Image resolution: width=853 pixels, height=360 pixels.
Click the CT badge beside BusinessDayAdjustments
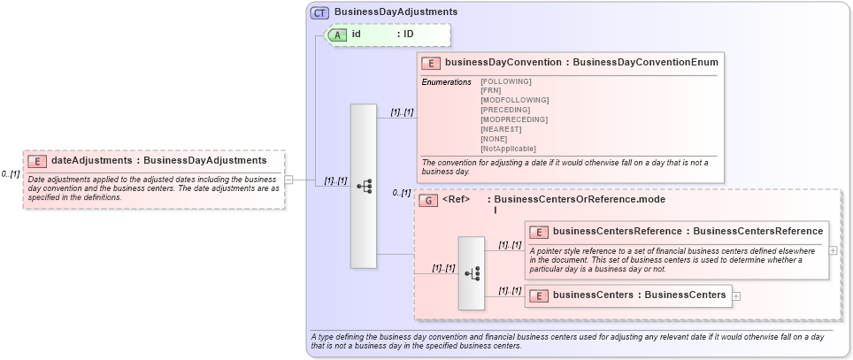tap(320, 12)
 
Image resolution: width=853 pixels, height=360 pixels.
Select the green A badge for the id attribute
tap(338, 34)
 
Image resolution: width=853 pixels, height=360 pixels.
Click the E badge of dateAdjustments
tap(37, 161)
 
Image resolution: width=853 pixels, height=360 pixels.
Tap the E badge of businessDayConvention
tap(431, 63)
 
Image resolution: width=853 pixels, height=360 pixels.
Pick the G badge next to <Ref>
tap(428, 201)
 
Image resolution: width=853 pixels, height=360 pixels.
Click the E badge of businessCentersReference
tap(539, 232)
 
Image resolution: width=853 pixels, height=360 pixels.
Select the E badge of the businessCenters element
tap(539, 295)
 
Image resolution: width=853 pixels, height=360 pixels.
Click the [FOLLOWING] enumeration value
tap(506, 81)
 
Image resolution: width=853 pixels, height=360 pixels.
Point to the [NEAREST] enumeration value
tap(501, 129)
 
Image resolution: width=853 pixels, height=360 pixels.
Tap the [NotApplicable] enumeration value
tap(508, 149)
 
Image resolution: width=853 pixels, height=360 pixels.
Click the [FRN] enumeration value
tap(490, 91)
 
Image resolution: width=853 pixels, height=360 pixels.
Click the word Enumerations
tap(446, 81)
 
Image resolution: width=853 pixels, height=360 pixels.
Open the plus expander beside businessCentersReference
tap(833, 250)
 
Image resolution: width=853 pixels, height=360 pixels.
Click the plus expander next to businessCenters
tap(736, 295)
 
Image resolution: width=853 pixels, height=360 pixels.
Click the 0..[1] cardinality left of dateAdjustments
tap(11, 174)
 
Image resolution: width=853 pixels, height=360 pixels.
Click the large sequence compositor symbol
tap(364, 187)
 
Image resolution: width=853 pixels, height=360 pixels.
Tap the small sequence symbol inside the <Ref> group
tap(471, 273)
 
